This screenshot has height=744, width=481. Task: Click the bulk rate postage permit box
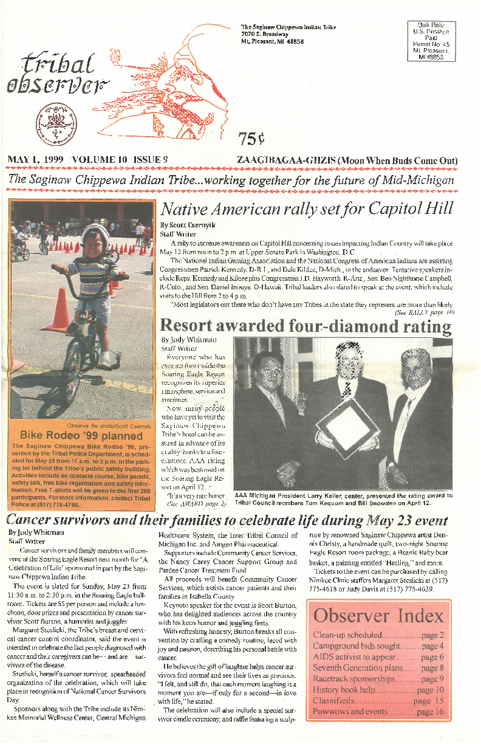(433, 41)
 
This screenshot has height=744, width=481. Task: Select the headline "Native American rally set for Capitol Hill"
(306, 209)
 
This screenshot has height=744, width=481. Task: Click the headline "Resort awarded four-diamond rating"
(305, 326)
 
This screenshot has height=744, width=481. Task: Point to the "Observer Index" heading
(378, 615)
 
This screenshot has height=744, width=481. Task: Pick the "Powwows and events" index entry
(350, 712)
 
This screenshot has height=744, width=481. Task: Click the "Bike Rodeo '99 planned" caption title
(81, 435)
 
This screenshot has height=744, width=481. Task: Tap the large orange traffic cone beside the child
(60, 310)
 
